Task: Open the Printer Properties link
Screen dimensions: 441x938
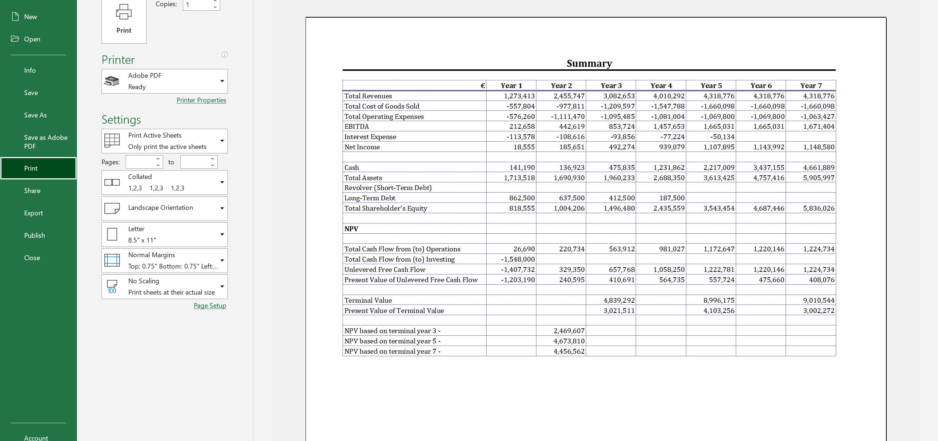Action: tap(201, 100)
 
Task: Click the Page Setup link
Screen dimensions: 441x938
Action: tap(210, 306)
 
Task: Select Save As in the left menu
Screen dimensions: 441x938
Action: tap(35, 115)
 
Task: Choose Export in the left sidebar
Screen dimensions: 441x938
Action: tap(33, 213)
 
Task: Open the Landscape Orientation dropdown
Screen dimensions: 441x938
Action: tap(165, 208)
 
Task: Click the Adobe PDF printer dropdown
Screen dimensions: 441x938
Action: tap(165, 81)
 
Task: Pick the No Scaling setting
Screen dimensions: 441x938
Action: tap(165, 287)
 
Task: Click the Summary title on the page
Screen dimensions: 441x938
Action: tap(589, 63)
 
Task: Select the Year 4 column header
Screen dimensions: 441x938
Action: tap(661, 86)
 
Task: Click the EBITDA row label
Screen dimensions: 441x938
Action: tap(357, 127)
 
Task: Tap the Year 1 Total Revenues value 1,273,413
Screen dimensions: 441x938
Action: tap(519, 96)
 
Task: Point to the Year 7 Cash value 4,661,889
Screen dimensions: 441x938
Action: tap(819, 168)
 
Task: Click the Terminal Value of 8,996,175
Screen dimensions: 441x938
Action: tap(719, 300)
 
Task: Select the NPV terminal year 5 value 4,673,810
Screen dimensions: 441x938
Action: tap(569, 341)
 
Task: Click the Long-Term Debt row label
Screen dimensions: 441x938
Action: tap(370, 198)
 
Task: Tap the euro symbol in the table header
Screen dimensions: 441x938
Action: tap(483, 86)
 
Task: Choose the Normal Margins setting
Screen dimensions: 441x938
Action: tap(165, 260)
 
